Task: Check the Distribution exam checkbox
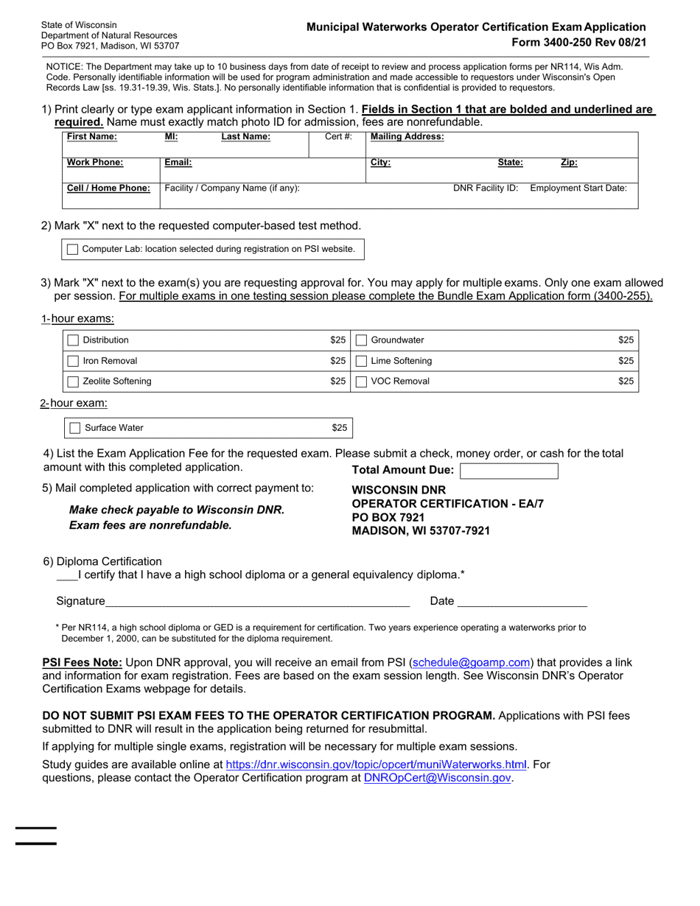click(73, 340)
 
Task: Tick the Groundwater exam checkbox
click(361, 340)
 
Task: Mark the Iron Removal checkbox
click(73, 361)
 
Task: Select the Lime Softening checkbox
click(361, 361)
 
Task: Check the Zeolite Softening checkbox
click(73, 382)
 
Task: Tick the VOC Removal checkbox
click(361, 382)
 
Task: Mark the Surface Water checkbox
click(74, 428)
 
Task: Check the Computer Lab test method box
click(72, 250)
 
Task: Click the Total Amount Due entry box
click(508, 471)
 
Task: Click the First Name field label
click(91, 136)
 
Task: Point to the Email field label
click(178, 163)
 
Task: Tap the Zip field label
click(569, 163)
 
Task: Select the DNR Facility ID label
click(486, 188)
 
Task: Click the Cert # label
click(339, 136)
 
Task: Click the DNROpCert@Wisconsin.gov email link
click(438, 778)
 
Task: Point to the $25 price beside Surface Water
click(339, 428)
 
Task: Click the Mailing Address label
click(407, 136)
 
